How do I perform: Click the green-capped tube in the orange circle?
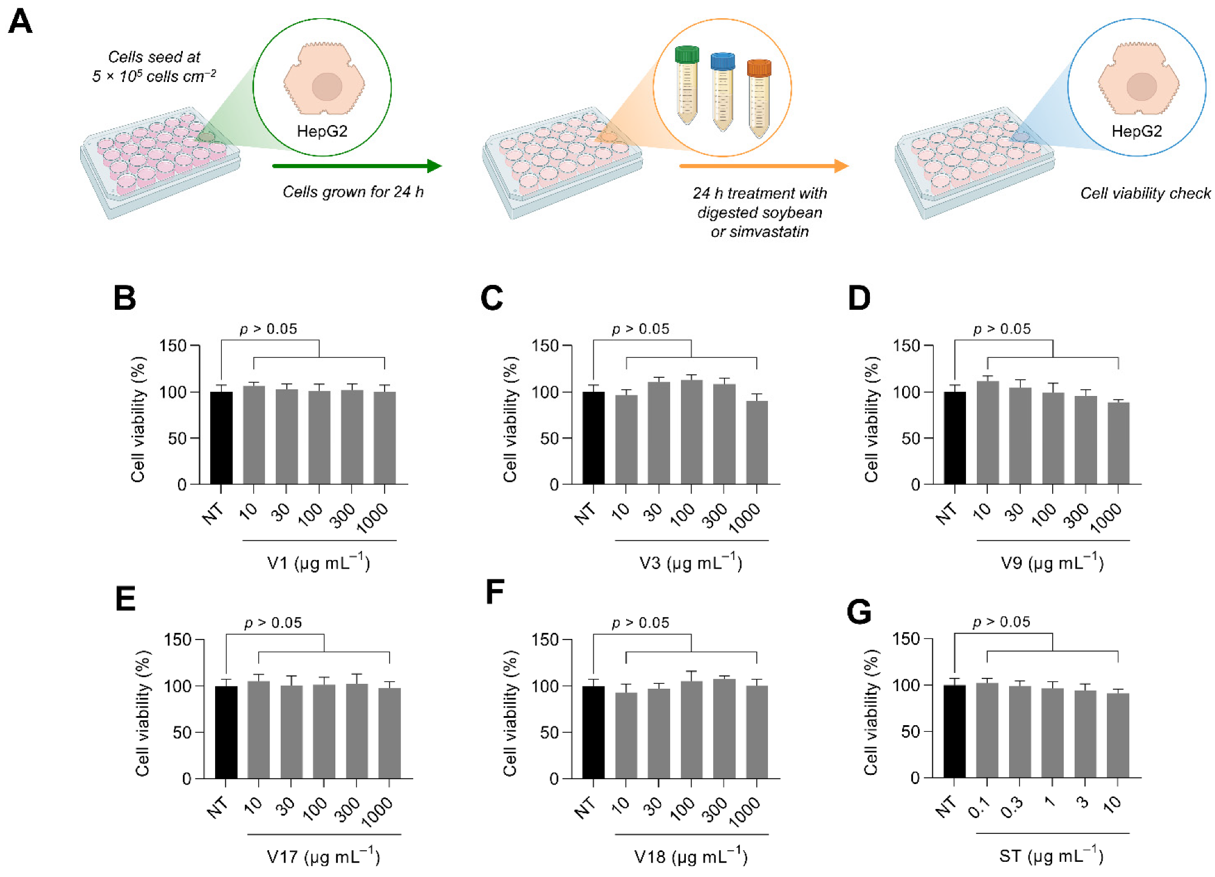pyautogui.click(x=687, y=85)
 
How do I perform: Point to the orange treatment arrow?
pyautogui.click(x=763, y=166)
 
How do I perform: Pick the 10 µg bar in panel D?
pyautogui.click(x=987, y=432)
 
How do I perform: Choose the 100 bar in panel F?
pyautogui.click(x=691, y=729)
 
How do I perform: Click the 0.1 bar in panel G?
pyautogui.click(x=987, y=730)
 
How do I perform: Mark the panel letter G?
pyautogui.click(x=858, y=612)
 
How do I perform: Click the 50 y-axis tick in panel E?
pyautogui.click(x=182, y=732)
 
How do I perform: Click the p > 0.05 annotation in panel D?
pyautogui.click(x=1002, y=329)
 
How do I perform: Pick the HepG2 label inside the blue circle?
pyautogui.click(x=1137, y=131)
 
